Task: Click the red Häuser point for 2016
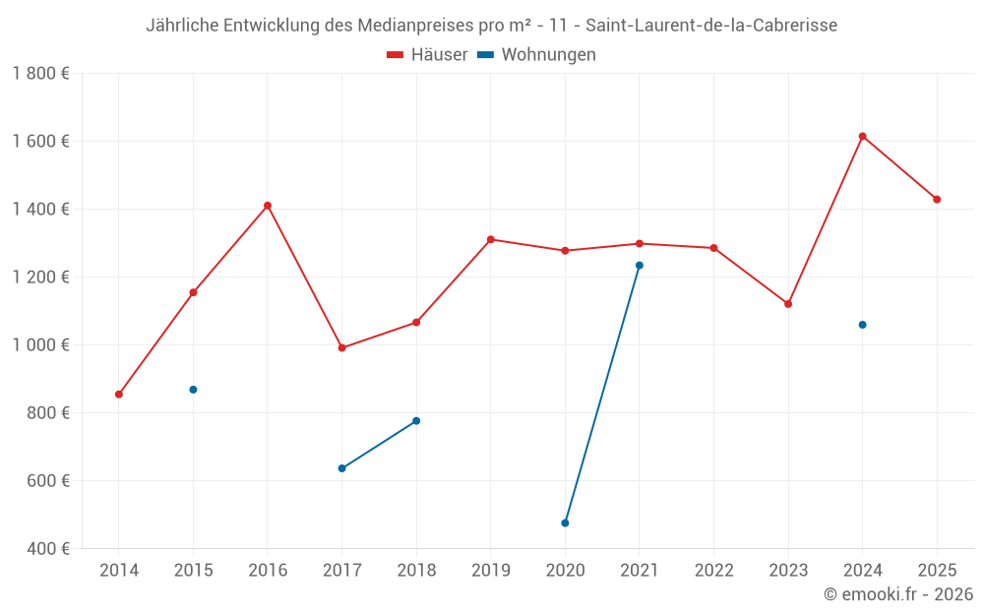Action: pos(268,206)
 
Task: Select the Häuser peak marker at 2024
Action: pos(862,136)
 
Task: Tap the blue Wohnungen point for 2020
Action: pos(565,523)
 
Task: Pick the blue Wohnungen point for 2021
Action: pos(640,266)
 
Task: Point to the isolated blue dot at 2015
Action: pos(193,390)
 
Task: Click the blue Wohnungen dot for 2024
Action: pos(862,325)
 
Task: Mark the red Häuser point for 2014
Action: pos(119,395)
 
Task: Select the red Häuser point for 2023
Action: pos(788,304)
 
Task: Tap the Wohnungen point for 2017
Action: pos(341,468)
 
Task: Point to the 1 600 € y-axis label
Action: pos(41,141)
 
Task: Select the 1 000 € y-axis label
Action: pos(41,344)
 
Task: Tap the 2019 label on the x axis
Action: pos(491,570)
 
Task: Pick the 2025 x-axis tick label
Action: pos(937,570)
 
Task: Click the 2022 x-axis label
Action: pos(713,570)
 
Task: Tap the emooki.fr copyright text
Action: pos(898,594)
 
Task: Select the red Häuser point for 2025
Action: pos(937,200)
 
